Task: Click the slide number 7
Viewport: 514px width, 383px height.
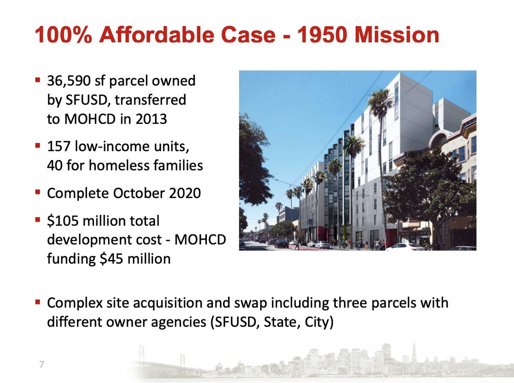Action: click(42, 365)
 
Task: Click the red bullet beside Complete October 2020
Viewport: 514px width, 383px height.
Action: click(38, 192)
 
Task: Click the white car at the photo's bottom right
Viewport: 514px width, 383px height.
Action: click(404, 246)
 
